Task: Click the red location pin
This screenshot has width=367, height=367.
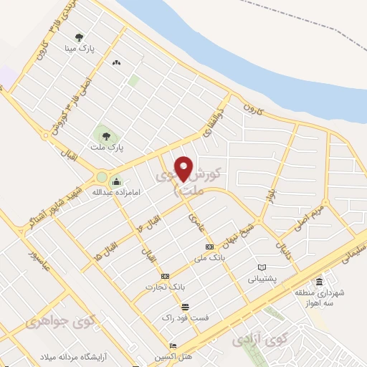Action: pos(185,168)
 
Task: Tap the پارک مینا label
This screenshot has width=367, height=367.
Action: pos(82,49)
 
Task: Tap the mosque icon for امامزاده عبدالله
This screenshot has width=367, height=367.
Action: pos(117,180)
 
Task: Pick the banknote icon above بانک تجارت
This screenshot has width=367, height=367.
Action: pos(166,276)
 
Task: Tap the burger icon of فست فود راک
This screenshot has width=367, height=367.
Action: pos(185,306)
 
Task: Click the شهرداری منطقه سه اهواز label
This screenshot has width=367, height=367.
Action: pos(318,298)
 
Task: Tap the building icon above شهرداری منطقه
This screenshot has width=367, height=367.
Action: pos(319,281)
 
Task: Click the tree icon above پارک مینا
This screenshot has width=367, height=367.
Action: pos(78,38)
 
